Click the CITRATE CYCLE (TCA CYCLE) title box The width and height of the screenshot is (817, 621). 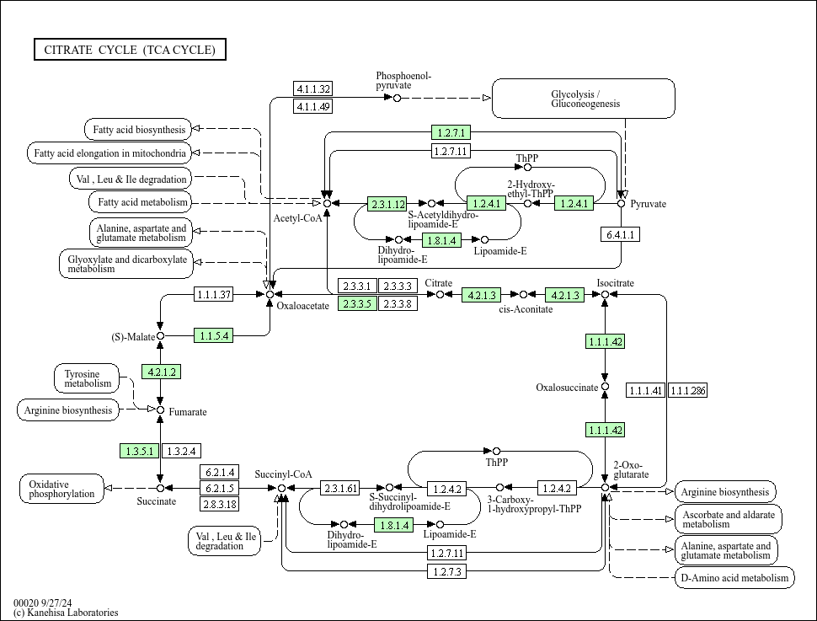tap(130, 51)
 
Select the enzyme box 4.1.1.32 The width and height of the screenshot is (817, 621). tap(313, 89)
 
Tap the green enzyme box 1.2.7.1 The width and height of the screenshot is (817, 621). tap(451, 132)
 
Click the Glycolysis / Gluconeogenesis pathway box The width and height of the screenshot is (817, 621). tap(584, 99)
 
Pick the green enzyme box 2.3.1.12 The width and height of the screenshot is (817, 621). tap(387, 204)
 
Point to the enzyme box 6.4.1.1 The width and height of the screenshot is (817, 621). tap(620, 234)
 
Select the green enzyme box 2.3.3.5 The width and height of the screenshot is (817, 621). tap(357, 303)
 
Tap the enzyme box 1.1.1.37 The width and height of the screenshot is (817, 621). tap(213, 294)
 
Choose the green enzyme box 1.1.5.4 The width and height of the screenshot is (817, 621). tap(213, 335)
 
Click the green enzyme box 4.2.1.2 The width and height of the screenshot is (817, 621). tap(161, 372)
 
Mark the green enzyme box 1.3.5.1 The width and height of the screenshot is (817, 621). tap(140, 452)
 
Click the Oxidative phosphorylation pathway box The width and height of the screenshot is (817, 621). tap(61, 489)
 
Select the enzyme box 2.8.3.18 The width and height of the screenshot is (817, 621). tap(219, 504)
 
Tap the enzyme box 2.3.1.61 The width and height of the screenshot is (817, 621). tap(340, 488)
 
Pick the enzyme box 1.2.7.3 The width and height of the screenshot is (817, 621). tap(447, 571)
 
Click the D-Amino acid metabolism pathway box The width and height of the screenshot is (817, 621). tap(734, 577)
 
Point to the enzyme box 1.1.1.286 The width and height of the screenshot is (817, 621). tap(687, 390)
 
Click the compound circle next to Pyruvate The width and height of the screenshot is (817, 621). tap(622, 203)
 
